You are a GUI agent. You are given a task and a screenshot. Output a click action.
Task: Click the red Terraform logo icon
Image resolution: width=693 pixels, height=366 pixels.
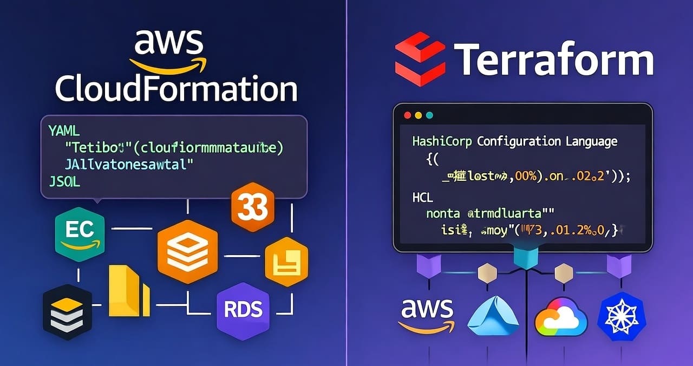coord(420,55)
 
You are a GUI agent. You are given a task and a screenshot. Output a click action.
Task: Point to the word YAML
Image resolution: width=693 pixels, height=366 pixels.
coord(63,130)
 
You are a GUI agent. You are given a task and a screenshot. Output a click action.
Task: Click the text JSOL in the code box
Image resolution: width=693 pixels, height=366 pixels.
coord(63,182)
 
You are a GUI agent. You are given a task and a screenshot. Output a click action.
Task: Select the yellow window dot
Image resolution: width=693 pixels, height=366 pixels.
coord(418,115)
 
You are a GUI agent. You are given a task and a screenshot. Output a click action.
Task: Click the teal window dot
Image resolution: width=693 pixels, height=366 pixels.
coord(430,115)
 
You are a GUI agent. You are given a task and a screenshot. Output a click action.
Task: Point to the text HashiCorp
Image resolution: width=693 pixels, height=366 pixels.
coord(442,142)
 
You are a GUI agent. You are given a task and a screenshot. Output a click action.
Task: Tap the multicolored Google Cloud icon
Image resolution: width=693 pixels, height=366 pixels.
coord(560,316)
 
